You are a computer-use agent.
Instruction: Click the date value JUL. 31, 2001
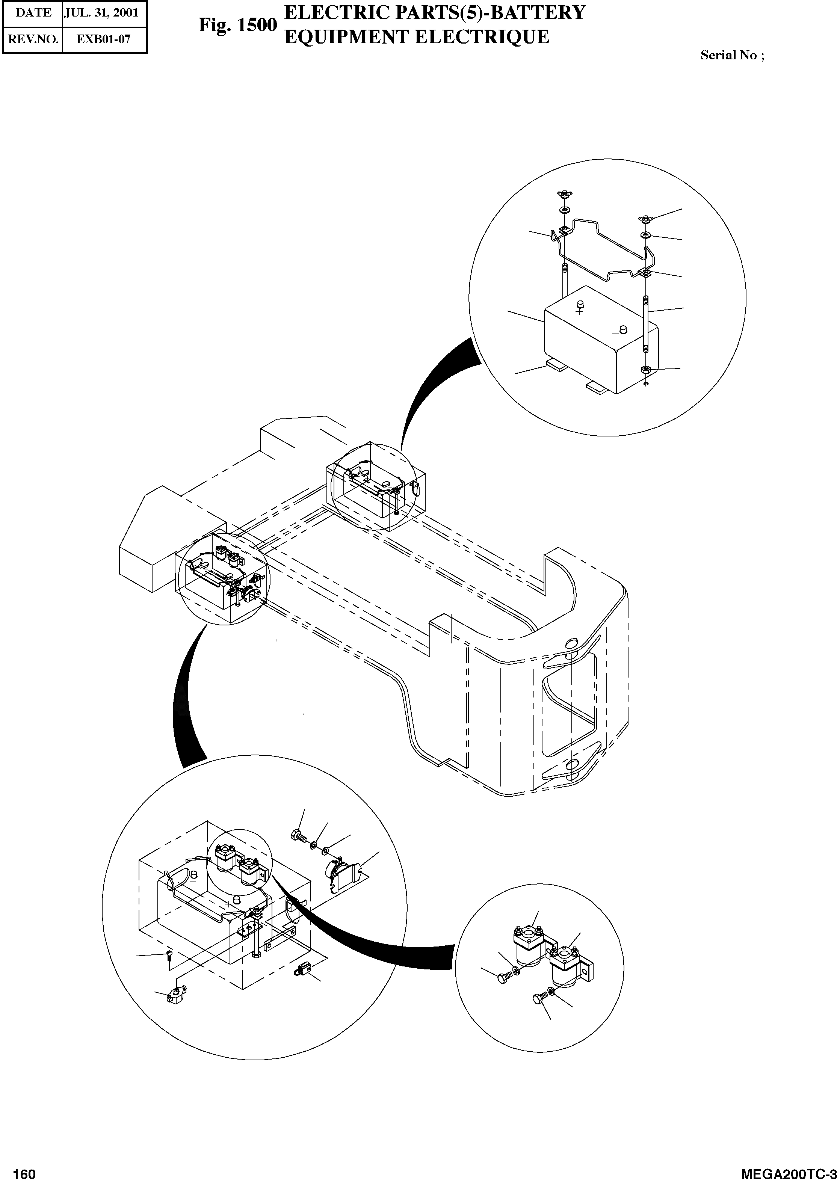(101, 13)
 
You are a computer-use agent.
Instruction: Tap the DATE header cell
(33, 13)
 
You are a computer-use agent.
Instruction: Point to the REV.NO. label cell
(33, 39)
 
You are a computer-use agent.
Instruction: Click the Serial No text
(732, 55)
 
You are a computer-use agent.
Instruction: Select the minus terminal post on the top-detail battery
(622, 328)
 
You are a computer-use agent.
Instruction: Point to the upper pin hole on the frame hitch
(571, 642)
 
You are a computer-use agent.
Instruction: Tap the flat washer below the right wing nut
(646, 235)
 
